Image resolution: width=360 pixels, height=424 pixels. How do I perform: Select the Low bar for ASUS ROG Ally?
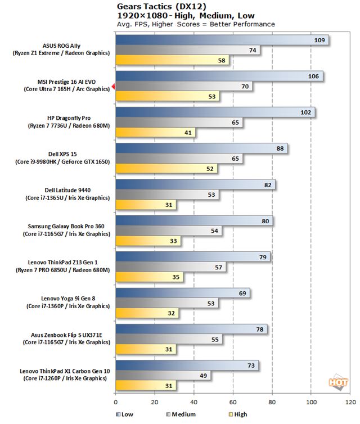pos(222,40)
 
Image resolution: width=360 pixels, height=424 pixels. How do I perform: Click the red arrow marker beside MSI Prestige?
pos(113,87)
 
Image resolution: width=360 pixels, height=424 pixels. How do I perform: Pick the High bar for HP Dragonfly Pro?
pos(155,133)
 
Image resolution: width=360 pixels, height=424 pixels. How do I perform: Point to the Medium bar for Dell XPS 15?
pos(179,159)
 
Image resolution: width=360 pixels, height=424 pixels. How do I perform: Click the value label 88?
pos(278,148)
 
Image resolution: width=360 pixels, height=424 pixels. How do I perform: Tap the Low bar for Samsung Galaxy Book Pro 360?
pos(194,221)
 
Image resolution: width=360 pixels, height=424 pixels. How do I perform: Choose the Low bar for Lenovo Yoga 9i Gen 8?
pos(183,293)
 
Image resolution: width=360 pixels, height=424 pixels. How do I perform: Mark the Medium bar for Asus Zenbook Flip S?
pos(169,339)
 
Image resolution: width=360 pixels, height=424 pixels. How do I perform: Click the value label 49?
pos(202,375)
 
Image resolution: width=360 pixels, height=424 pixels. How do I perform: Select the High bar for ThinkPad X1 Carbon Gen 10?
pos(146,385)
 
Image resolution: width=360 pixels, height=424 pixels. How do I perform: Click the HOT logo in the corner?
pos(338,382)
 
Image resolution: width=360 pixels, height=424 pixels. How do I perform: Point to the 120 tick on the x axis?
pos(350,402)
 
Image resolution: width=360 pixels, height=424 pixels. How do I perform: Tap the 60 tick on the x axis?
pos(233,402)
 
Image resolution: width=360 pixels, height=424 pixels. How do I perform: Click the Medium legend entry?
pos(181,414)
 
